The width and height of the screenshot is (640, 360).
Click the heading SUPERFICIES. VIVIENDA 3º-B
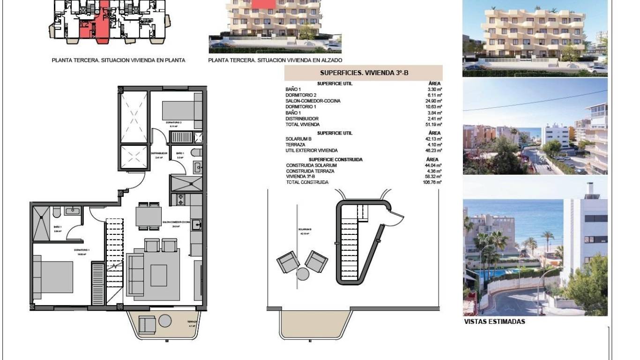(363, 73)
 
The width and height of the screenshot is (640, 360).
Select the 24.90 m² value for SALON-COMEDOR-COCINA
(435, 101)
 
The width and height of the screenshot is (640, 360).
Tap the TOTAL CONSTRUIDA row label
(307, 182)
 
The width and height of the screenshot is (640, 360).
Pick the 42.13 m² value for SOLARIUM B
(434, 139)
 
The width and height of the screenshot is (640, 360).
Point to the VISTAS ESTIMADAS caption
(494, 322)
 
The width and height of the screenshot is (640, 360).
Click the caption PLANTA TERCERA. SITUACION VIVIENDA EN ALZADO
(275, 60)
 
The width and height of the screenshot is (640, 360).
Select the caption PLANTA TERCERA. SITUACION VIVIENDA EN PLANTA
(119, 60)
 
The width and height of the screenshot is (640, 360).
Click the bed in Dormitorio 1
(53, 277)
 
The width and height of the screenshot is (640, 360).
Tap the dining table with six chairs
(149, 217)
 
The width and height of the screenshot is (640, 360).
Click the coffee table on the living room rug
(158, 275)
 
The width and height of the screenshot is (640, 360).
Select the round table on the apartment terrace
(164, 321)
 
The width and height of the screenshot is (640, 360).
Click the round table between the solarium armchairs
(303, 274)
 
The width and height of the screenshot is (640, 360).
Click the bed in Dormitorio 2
(179, 111)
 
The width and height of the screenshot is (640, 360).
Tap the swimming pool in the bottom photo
(492, 273)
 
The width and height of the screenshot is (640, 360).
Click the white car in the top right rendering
(597, 69)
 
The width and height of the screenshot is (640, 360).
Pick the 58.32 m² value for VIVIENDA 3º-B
(434, 177)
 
